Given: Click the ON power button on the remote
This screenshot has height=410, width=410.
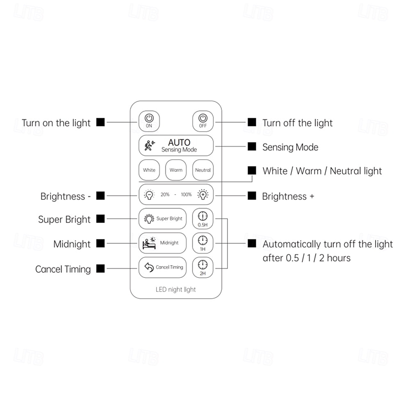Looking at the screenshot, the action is [149, 121].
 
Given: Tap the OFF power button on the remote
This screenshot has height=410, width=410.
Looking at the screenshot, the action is [203, 121].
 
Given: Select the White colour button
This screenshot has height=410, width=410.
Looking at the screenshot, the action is [149, 170].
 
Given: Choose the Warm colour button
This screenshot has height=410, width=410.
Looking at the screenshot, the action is [176, 170].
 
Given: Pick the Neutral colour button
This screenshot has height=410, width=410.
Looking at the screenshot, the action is [203, 170].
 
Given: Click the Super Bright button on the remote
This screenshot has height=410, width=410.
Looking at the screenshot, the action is [163, 219].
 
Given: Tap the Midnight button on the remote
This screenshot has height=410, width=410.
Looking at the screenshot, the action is [163, 243].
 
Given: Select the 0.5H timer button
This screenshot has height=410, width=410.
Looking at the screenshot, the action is [203, 219].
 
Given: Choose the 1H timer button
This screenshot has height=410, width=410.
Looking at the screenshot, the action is [203, 243].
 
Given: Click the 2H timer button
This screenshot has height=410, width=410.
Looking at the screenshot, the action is [203, 267].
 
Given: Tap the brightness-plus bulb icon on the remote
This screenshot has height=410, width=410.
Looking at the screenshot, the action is [203, 194].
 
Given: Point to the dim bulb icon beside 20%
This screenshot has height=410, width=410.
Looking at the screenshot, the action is [149, 194].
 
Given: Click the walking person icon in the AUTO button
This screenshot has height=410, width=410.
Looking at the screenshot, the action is [149, 146].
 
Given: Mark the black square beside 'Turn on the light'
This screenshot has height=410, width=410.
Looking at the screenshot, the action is [100, 122].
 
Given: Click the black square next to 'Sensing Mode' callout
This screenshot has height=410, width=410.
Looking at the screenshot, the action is [252, 146].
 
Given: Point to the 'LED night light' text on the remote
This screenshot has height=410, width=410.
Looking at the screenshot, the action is [176, 289].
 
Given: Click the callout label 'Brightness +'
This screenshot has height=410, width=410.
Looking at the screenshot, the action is [288, 196].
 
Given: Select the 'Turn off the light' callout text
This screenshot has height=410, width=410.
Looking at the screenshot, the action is [297, 123].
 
